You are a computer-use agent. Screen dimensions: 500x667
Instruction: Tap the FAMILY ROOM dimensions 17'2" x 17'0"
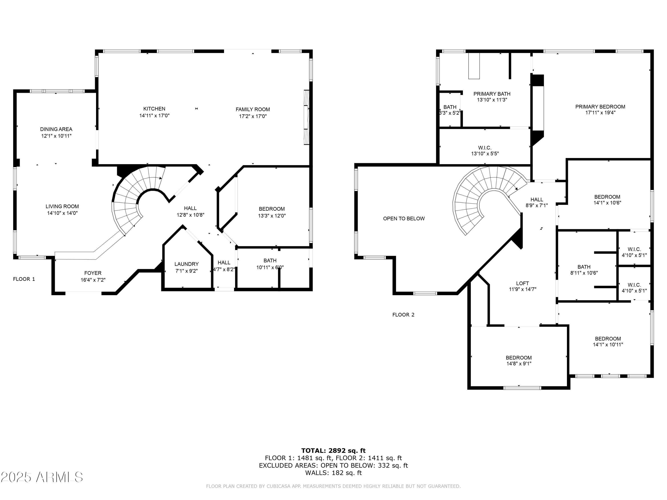pos(253,116)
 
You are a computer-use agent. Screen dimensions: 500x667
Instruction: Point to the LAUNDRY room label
pos(186,264)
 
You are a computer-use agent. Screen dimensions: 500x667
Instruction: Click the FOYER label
pos(93,273)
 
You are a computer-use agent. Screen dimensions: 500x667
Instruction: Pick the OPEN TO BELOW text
pos(404,218)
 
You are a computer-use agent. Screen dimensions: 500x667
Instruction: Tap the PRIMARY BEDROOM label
pos(600,107)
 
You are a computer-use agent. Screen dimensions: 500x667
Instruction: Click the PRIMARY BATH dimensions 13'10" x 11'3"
pos(492,100)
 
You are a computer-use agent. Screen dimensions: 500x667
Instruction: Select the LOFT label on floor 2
pos(522,283)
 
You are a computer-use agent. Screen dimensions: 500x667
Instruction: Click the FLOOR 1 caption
pos(24,279)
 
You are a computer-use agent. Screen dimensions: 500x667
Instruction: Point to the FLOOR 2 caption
pos(403,315)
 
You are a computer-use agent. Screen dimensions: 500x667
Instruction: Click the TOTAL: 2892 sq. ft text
pos(333,451)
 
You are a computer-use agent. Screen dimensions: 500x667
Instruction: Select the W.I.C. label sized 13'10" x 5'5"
pos(484,148)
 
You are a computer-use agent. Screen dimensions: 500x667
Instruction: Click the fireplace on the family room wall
pos(307,118)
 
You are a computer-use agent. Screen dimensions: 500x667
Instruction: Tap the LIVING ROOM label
pos(62,206)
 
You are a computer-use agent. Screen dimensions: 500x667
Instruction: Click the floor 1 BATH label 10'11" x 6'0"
pos(270,260)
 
